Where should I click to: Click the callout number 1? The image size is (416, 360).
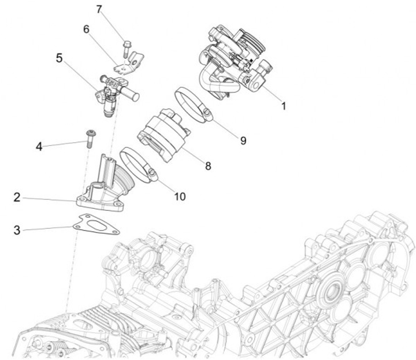(283, 106)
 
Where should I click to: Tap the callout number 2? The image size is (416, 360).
(18, 198)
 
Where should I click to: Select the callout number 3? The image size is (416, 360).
(18, 230)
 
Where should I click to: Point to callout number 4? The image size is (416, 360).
(39, 147)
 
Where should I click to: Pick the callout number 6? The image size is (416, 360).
(87, 30)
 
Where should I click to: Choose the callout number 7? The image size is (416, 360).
(99, 9)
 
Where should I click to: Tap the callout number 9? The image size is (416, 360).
(243, 140)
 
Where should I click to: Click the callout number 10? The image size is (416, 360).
(179, 196)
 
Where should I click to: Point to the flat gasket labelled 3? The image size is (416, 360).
(97, 226)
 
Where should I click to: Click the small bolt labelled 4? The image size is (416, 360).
(90, 138)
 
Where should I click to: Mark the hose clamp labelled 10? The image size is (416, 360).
(139, 165)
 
